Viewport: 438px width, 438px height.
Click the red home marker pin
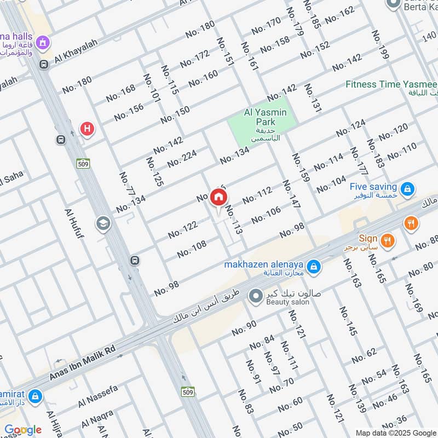tap(218, 198)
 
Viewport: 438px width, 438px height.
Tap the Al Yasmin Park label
tap(265, 113)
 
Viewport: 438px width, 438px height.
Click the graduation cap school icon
tap(102, 223)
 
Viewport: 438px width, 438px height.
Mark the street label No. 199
tap(379, 44)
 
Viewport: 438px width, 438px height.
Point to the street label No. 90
tap(244, 328)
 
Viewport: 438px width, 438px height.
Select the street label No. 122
tap(182, 230)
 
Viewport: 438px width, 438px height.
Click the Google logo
tap(22, 430)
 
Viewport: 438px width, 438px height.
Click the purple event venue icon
tap(42, 42)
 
